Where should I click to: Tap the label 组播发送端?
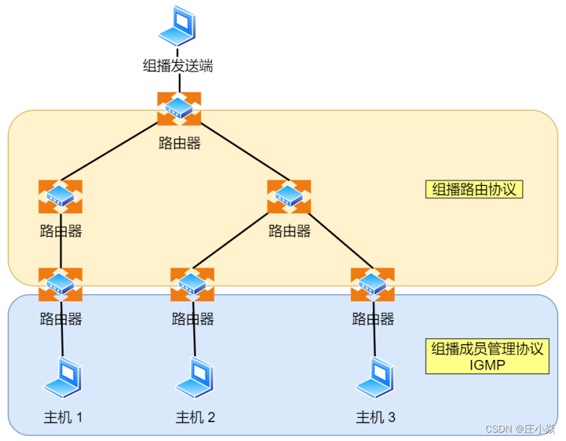pos(177,66)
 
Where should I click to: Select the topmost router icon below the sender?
pos(179,108)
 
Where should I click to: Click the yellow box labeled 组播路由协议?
pos(474,189)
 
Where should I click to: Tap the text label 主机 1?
pos(64,418)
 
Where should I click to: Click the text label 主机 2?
pos(195,418)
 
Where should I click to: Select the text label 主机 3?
pos(375,418)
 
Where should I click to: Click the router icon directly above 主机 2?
pos(192,284)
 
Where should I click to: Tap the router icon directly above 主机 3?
pos(372,284)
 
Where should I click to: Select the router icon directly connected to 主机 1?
pos(61,284)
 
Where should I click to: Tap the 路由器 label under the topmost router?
pos(180,144)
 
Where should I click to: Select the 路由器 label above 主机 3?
pos(373,319)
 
